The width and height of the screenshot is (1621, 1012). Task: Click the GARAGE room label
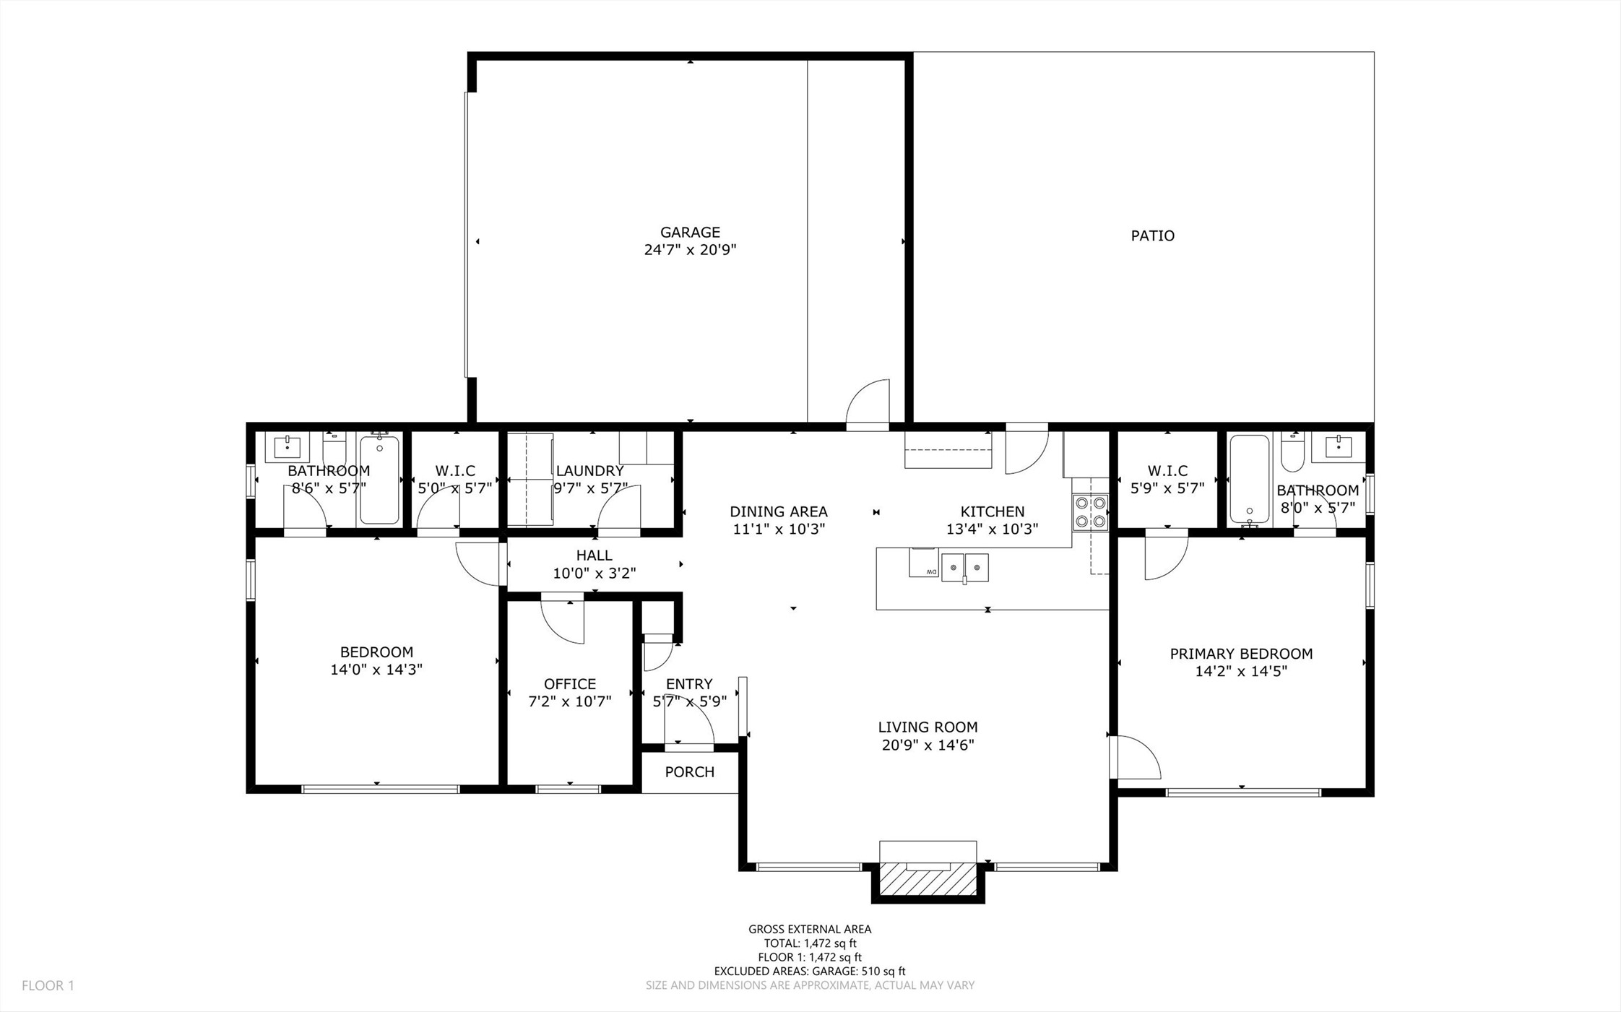(690, 232)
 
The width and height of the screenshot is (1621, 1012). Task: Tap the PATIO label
(1152, 235)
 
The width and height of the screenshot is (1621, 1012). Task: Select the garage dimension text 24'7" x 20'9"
(690, 250)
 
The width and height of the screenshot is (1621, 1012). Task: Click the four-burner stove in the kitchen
(1090, 511)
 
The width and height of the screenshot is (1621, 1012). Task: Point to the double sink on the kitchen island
(964, 567)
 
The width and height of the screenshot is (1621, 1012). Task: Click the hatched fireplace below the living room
(928, 881)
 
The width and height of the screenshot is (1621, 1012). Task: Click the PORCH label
(690, 771)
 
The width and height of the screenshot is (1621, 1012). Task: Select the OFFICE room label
(570, 683)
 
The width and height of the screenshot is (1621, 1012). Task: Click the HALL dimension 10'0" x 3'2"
(595, 574)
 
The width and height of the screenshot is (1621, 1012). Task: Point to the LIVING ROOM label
(928, 727)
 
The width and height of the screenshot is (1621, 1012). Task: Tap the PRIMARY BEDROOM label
(1241, 654)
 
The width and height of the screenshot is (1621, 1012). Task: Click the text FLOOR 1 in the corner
(48, 985)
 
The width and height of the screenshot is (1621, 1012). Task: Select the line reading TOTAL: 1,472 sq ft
(810, 943)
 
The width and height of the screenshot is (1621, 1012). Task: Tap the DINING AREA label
(779, 511)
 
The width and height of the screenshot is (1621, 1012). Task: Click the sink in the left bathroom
(288, 446)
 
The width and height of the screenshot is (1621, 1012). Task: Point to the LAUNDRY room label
(589, 471)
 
